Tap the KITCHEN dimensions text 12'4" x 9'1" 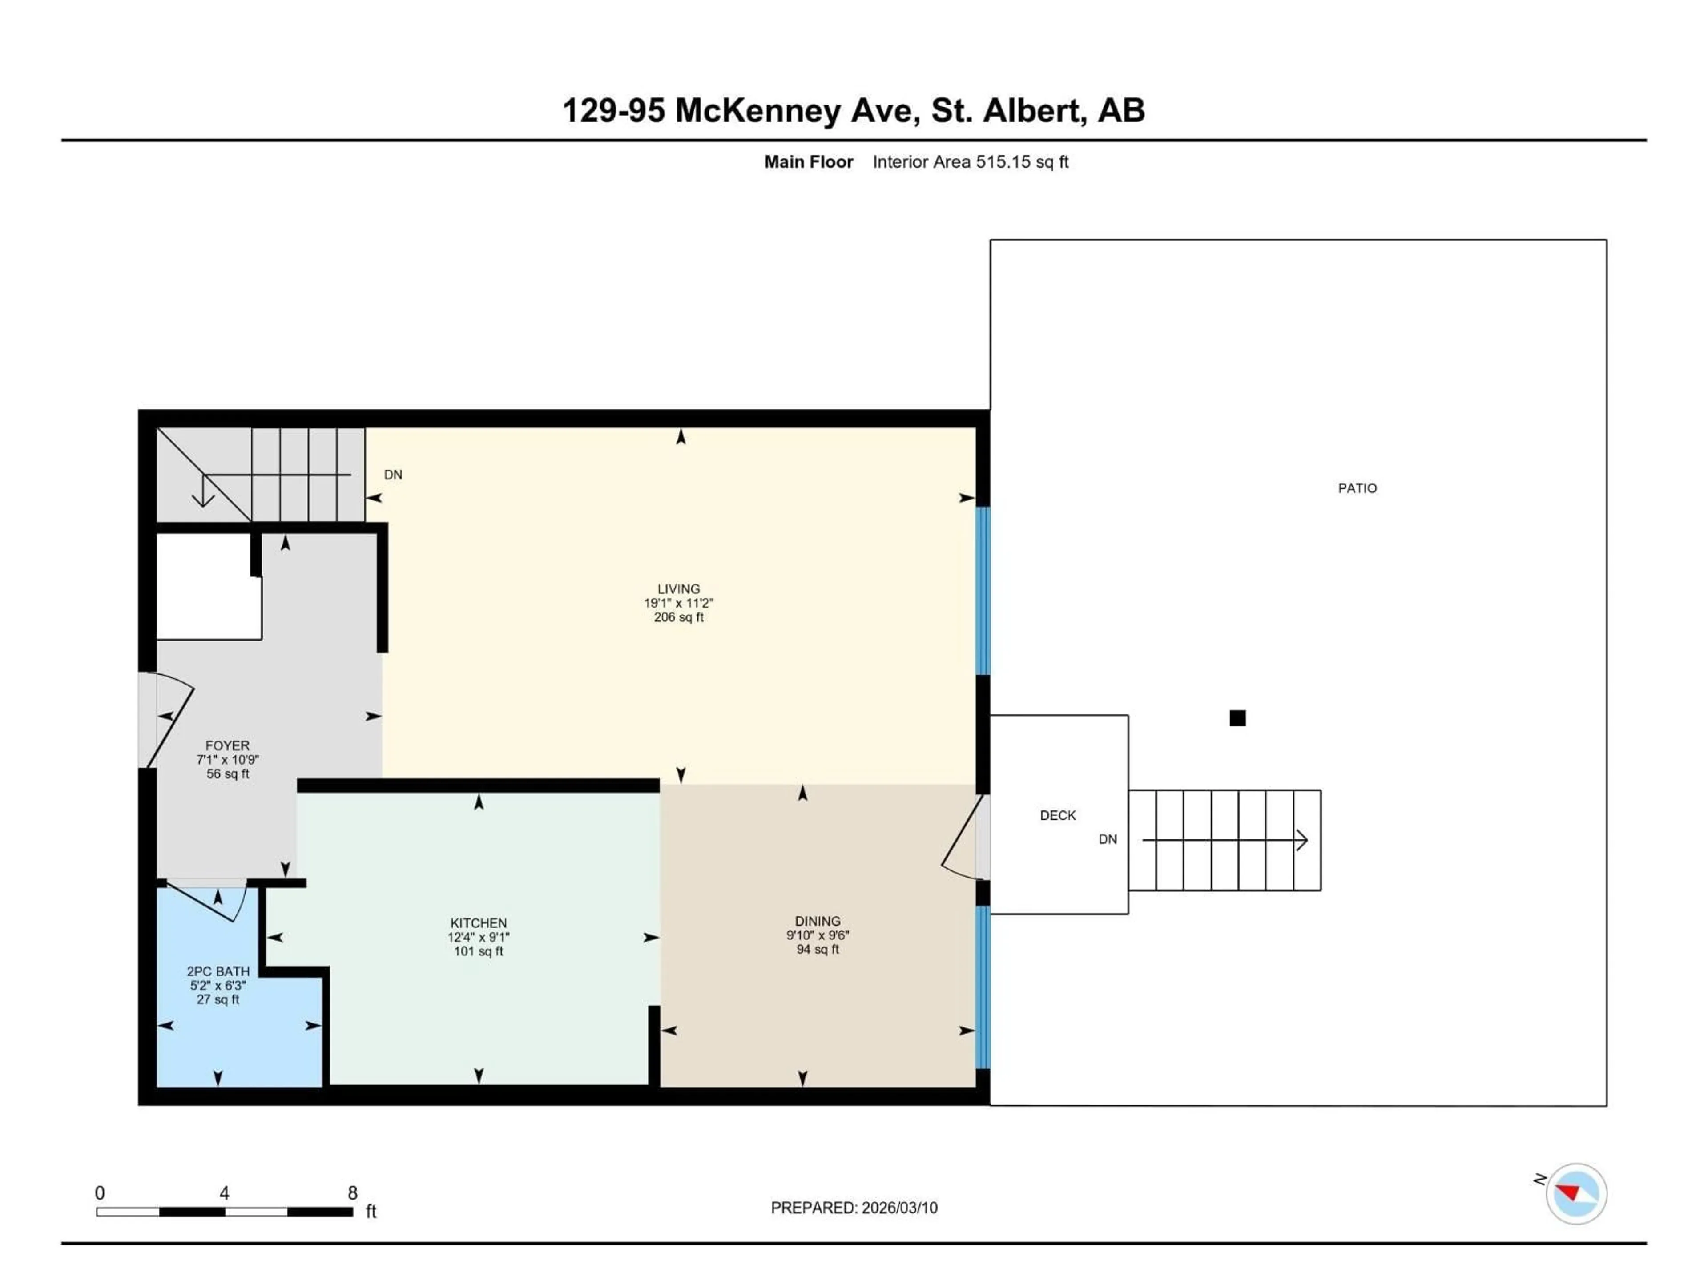[x=478, y=937]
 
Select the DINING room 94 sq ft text [x=817, y=949]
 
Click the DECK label [x=1057, y=815]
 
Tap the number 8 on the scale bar [x=352, y=1193]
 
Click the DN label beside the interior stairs [x=393, y=475]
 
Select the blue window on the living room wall [x=983, y=591]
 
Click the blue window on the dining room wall [x=983, y=987]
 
